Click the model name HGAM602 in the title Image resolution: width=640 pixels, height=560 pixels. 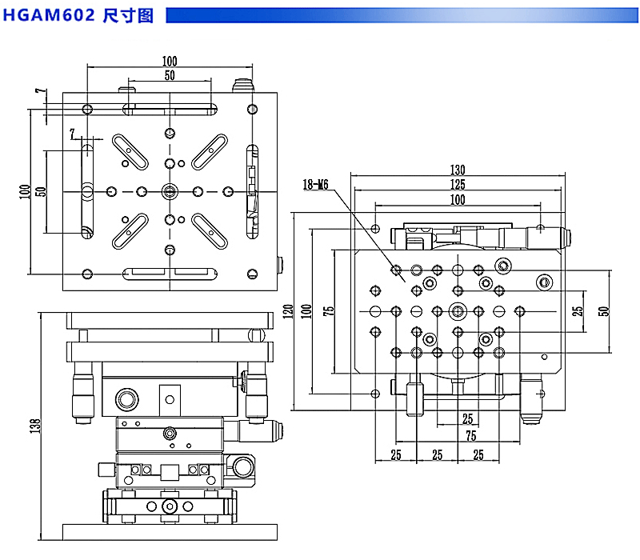(x=50, y=15)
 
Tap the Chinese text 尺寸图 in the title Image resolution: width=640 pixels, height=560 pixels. (x=128, y=15)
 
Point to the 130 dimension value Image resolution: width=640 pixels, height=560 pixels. (x=457, y=170)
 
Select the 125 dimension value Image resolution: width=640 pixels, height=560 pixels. (x=457, y=184)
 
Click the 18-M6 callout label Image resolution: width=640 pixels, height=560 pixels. (x=316, y=185)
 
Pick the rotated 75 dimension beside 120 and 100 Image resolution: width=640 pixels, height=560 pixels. (x=328, y=310)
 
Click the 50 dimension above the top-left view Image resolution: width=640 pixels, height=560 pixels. (x=170, y=76)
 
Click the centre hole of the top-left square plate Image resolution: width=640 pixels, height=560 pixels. (x=170, y=190)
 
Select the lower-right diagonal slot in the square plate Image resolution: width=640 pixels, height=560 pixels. (x=210, y=231)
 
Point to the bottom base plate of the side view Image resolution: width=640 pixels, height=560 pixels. (x=170, y=531)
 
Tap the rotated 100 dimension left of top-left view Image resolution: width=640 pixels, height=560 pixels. (x=26, y=190)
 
